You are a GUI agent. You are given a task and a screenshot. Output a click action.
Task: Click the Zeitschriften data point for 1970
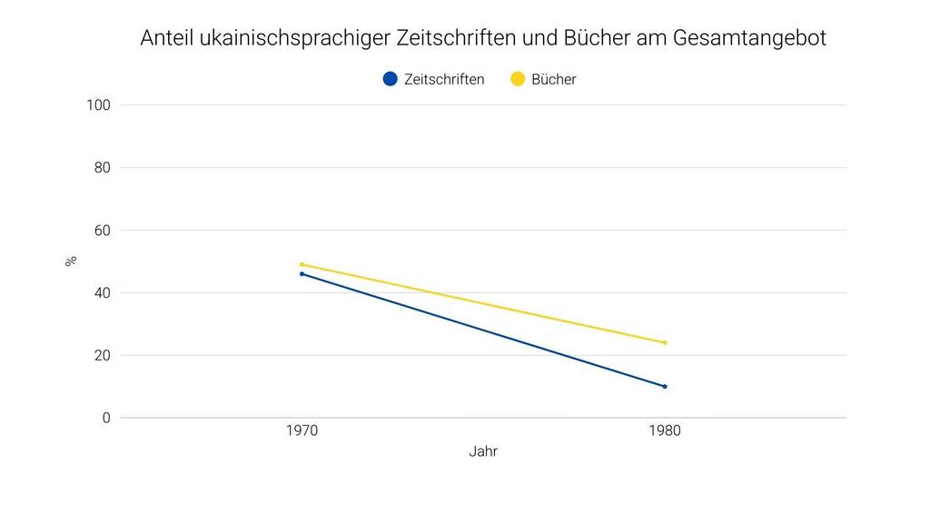click(302, 273)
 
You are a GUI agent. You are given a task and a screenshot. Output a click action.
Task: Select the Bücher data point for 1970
click(302, 264)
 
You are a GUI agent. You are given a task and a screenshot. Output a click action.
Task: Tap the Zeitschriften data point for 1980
click(665, 386)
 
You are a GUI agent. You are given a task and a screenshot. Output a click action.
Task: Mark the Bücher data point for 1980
click(665, 342)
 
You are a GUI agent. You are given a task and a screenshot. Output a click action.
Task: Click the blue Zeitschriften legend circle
click(391, 79)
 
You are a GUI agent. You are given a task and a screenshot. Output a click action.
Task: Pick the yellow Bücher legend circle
click(518, 79)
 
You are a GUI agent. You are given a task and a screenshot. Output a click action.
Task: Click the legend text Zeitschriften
click(444, 79)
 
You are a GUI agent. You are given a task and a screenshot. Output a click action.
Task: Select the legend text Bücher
click(554, 79)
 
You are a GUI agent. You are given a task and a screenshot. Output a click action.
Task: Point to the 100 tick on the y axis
click(98, 105)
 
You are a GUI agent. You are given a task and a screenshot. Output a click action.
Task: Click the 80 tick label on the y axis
click(102, 168)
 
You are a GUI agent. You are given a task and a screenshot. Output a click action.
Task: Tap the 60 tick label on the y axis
click(102, 231)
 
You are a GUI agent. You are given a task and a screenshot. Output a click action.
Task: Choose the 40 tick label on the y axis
click(102, 293)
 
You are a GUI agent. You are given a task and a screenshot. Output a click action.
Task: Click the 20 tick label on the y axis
click(102, 356)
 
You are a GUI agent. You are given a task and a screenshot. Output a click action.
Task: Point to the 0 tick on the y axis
click(105, 419)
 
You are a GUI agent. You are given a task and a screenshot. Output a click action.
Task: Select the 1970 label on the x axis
click(302, 431)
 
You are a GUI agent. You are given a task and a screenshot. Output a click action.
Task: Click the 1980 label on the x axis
click(665, 431)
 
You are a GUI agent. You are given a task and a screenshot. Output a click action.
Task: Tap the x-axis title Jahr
click(483, 451)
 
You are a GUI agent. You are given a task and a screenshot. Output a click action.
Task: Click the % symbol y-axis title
click(71, 261)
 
